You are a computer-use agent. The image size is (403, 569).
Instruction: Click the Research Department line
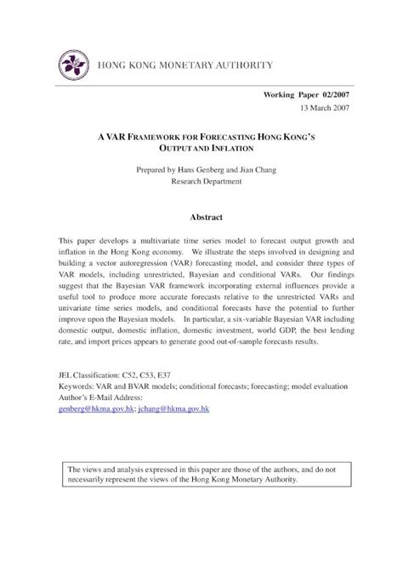pos(201,183)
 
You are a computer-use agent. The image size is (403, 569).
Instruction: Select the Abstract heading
pos(201,217)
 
